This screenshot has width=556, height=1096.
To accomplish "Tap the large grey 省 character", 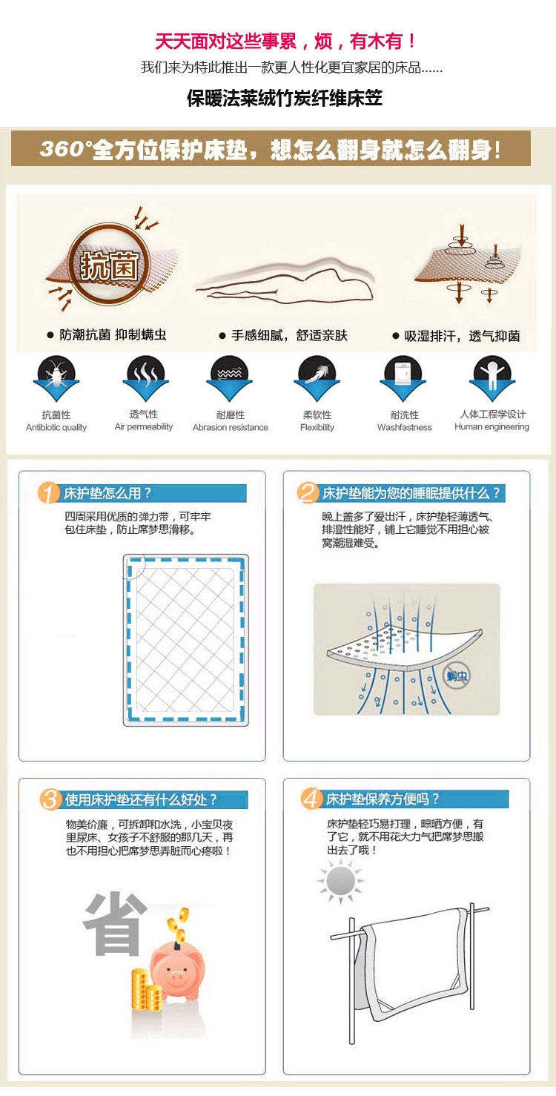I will point(115,923).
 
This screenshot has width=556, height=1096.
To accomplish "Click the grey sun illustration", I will point(340,881).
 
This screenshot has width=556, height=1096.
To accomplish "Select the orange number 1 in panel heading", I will point(48,493).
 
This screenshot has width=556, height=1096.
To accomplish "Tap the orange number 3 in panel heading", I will point(50,799).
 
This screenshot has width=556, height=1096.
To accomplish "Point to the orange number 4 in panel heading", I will point(311,799).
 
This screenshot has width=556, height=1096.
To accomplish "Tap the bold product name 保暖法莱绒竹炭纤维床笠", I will point(285,98).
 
